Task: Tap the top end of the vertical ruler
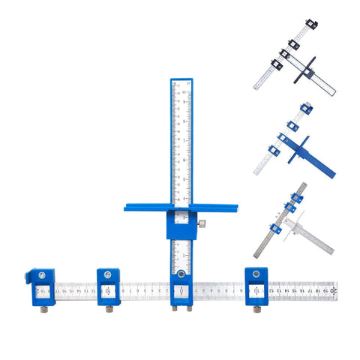pyautogui.click(x=182, y=81)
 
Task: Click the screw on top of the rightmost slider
pyautogui.click(x=256, y=272)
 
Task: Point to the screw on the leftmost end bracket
pyautogui.click(x=35, y=273)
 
